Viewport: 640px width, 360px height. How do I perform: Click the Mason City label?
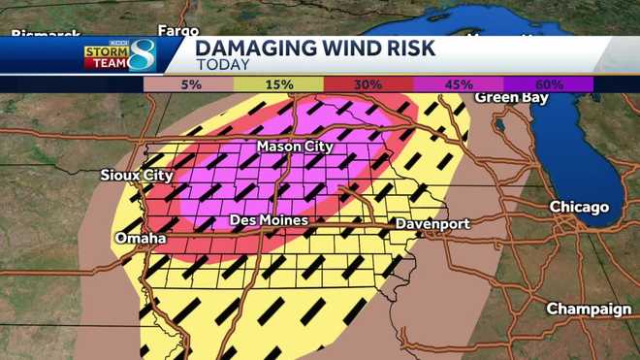tap(295, 147)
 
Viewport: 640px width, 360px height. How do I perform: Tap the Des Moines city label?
tap(269, 221)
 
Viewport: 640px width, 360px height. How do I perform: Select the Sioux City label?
tap(136, 176)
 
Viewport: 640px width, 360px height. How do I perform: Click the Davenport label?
tap(432, 224)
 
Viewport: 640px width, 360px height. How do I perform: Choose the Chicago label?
tap(579, 207)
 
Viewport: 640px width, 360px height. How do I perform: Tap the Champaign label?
tap(589, 309)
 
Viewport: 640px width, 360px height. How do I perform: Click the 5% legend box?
tap(188, 84)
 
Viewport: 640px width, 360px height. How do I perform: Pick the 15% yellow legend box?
tap(278, 84)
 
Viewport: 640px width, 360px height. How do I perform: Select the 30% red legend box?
tap(368, 84)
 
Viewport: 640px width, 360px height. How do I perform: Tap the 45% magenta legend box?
tap(458, 84)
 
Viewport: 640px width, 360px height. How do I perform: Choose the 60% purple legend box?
tap(548, 84)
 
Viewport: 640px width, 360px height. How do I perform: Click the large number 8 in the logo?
tap(142, 55)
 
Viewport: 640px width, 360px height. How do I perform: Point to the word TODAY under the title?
tap(222, 66)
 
